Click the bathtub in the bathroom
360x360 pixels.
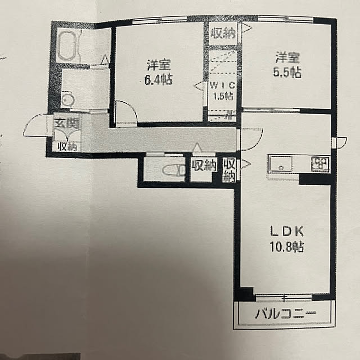[67, 46]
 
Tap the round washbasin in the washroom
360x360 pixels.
[67, 100]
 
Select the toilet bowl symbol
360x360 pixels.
[173, 170]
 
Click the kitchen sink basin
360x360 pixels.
[281, 164]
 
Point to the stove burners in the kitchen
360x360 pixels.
[320, 164]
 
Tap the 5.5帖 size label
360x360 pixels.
[287, 72]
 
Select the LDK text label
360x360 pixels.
[287, 231]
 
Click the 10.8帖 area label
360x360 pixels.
[287, 247]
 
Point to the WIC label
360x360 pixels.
[223, 85]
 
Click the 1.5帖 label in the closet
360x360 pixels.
[223, 96]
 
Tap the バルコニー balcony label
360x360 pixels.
[285, 313]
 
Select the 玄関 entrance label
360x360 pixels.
[67, 124]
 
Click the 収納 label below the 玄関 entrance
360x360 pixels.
[67, 146]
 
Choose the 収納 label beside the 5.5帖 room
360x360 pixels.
[223, 34]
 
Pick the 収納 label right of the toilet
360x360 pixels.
[204, 165]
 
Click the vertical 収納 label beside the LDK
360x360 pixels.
[229, 170]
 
